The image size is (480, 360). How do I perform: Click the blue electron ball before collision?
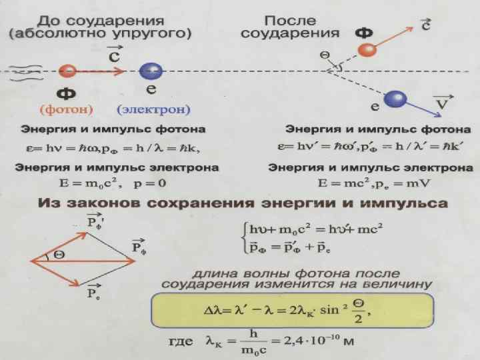click(x=152, y=71)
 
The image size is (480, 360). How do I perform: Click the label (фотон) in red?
click(x=66, y=109)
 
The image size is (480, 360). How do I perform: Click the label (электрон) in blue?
click(x=154, y=109)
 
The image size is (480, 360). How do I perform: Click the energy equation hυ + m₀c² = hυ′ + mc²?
click(x=311, y=230)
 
